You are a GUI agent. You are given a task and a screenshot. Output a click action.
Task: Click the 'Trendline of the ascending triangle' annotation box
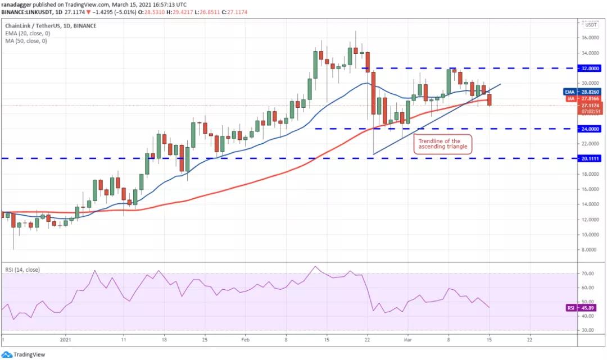[442, 144]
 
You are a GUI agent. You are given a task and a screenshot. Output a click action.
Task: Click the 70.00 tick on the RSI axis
[588, 274]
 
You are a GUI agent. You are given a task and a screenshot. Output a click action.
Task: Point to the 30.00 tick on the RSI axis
[588, 330]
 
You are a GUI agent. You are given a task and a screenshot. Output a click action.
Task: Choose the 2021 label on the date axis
[66, 340]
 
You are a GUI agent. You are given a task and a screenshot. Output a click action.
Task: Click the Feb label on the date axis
[245, 340]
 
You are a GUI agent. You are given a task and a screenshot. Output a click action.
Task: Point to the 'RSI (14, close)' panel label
[22, 270]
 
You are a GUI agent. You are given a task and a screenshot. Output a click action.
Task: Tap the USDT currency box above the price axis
[591, 25]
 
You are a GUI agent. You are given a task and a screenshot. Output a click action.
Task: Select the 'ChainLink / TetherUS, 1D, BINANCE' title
[51, 26]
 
